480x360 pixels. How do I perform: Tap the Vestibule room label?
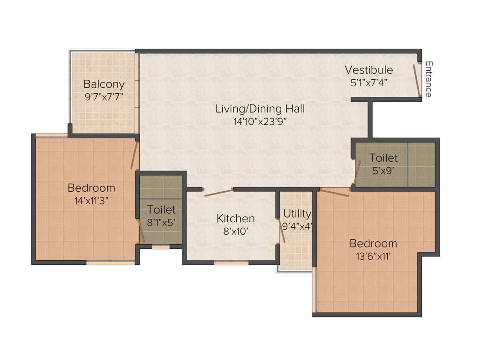[x=369, y=70]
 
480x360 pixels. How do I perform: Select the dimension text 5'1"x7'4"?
[x=369, y=82]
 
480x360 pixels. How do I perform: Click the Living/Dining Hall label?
[x=260, y=109]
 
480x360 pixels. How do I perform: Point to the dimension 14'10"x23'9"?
[x=260, y=121]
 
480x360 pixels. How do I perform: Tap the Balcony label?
[x=104, y=84]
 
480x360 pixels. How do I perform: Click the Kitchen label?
[x=235, y=218]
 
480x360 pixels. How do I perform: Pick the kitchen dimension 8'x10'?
[x=235, y=231]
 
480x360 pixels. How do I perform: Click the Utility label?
[x=297, y=214]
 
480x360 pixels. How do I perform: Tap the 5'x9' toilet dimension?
[x=383, y=171]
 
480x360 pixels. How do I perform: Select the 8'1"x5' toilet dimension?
[x=161, y=223]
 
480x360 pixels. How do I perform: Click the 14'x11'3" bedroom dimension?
[x=91, y=200]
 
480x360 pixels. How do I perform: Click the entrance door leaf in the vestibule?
[x=416, y=80]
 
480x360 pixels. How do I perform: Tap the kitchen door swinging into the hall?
[x=218, y=193]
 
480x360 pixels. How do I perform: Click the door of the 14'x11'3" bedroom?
[x=135, y=156]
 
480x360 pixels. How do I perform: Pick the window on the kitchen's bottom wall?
[x=231, y=263]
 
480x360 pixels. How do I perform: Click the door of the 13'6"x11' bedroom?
[x=335, y=192]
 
